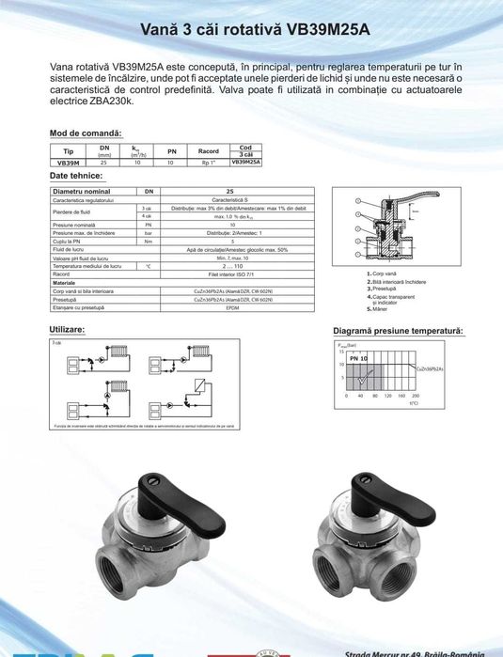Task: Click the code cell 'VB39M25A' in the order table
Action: point(245,163)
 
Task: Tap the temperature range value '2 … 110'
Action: point(232,266)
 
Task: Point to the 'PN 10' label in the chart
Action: point(357,360)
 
